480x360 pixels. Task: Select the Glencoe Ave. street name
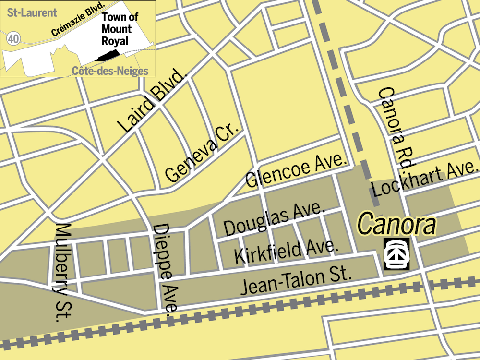pos(296,171)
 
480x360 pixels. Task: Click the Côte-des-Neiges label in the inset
pos(110,72)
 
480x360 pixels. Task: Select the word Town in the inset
pos(114,17)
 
